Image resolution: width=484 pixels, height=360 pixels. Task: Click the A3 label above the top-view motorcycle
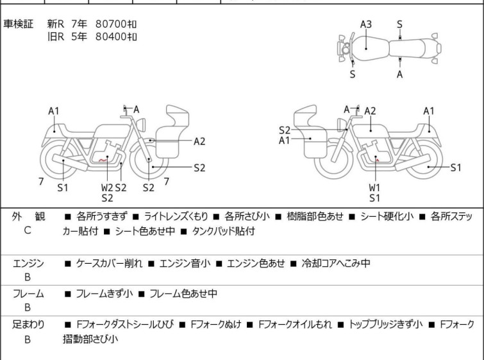click(x=366, y=24)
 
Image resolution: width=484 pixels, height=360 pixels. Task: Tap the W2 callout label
click(x=107, y=187)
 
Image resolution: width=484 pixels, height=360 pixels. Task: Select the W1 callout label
click(x=374, y=187)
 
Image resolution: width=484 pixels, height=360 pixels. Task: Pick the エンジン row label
click(x=28, y=263)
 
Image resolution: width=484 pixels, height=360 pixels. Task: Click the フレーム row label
click(x=28, y=294)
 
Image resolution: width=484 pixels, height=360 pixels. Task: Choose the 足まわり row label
click(x=28, y=325)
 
